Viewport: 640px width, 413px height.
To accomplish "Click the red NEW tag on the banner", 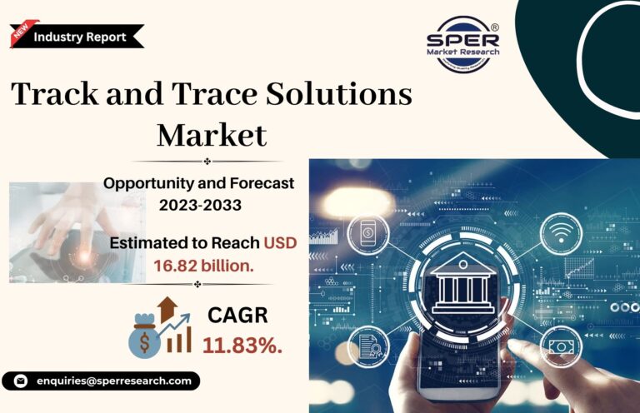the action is [x=22, y=31].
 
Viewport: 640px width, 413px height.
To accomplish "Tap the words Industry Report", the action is [x=80, y=37].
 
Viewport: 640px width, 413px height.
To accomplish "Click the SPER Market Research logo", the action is [x=462, y=44].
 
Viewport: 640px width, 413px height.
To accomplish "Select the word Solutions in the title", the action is [x=339, y=94].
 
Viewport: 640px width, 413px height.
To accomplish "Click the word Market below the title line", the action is [x=212, y=135].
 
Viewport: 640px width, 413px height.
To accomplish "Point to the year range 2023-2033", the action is [x=200, y=205].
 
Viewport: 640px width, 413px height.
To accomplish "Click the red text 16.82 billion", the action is [x=203, y=266].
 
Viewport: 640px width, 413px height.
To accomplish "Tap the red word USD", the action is [x=280, y=243].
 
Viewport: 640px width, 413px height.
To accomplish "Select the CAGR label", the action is [x=237, y=315].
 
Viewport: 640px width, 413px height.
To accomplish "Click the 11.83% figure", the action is [x=242, y=346].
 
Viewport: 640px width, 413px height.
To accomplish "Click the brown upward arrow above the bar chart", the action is [x=167, y=309].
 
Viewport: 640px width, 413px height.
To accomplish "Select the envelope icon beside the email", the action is [x=20, y=381].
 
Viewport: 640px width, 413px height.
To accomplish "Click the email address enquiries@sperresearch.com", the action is [x=114, y=381].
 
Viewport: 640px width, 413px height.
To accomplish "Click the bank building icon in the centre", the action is [x=462, y=284].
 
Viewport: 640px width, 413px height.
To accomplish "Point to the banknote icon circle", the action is [x=561, y=347].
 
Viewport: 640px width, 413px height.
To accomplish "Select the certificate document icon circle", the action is [x=368, y=346].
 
